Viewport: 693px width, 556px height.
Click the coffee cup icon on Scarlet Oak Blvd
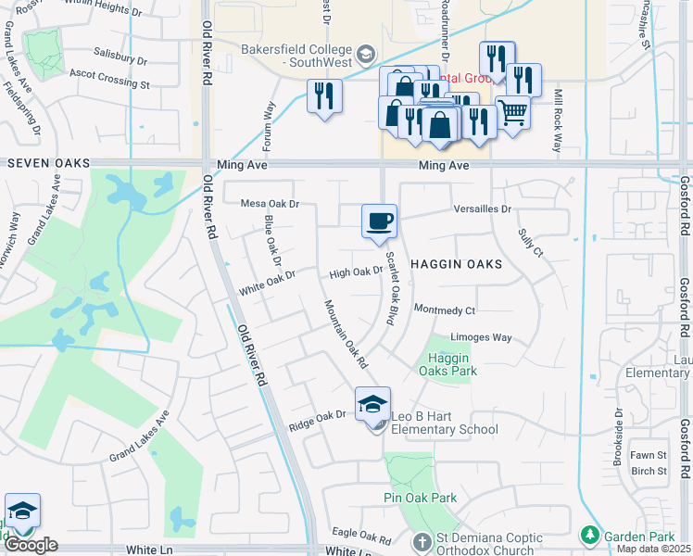coord(379,221)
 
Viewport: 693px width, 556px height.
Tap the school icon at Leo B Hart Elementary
coord(373,404)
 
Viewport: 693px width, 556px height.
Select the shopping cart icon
coord(512,113)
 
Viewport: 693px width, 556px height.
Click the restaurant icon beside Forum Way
coord(324,95)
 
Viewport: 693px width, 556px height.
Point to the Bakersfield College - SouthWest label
coord(296,56)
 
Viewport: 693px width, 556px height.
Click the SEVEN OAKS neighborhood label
coord(48,163)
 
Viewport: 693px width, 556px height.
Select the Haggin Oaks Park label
coord(447,364)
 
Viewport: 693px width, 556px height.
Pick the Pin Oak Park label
coord(421,498)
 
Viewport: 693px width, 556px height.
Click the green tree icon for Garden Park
coord(588,535)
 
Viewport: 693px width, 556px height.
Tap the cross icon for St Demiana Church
coord(421,540)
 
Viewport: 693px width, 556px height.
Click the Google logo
coord(31,545)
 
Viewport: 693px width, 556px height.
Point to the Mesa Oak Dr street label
coord(271,203)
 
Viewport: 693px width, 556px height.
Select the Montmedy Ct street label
coord(445,310)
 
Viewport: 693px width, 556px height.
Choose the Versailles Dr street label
coord(483,209)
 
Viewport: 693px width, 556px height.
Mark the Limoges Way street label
coord(481,337)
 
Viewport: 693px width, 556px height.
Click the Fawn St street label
coord(649,455)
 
